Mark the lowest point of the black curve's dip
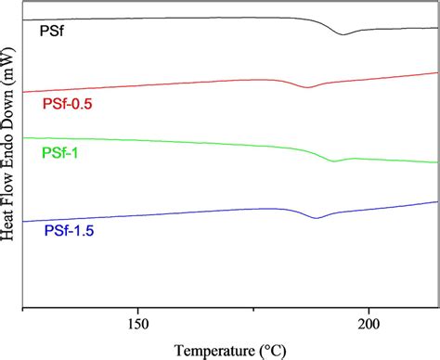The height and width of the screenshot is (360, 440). coord(343,34)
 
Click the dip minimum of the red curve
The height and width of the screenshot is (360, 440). coord(308,86)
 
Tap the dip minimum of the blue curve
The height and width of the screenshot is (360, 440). coord(317,217)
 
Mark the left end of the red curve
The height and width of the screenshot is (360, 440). coord(21,92)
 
